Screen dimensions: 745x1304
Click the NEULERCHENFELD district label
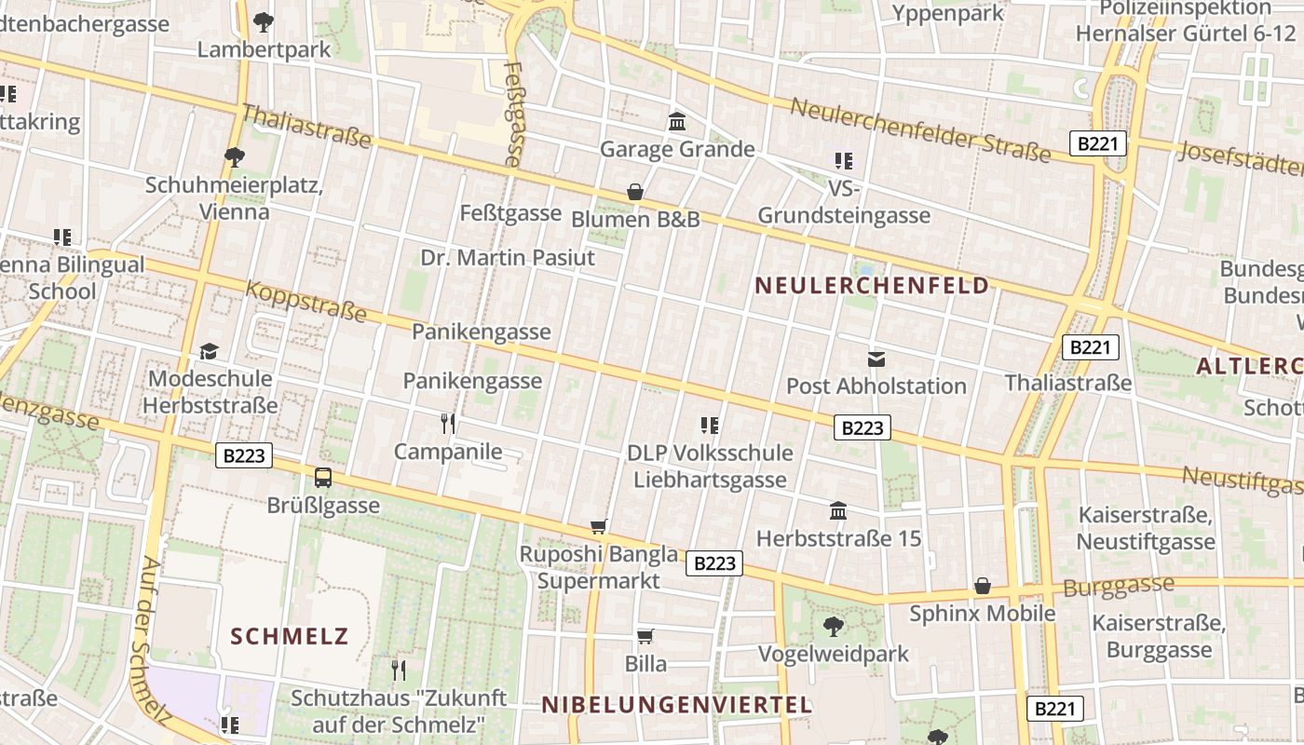[x=871, y=286]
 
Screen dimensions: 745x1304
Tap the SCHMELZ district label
[x=289, y=637]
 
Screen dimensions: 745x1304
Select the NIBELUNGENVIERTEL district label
[x=677, y=705]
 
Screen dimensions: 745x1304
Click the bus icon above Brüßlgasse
[x=323, y=478]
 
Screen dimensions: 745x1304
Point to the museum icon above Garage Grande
[x=677, y=122]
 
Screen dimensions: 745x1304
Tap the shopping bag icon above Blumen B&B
[x=635, y=193]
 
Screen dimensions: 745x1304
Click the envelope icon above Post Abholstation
[x=876, y=359]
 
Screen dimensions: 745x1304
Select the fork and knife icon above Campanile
[x=448, y=425]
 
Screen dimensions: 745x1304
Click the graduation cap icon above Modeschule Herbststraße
[x=210, y=352]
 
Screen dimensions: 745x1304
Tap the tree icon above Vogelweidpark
[x=834, y=627]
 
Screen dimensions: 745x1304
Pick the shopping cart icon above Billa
[x=645, y=637]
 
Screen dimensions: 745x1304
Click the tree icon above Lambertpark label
[x=264, y=21]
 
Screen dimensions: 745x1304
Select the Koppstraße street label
[x=306, y=302]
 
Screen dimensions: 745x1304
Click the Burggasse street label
[x=1118, y=587]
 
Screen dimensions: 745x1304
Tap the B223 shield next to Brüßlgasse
[x=245, y=455]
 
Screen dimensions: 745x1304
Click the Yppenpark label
[x=948, y=13]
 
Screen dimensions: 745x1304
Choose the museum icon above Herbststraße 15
[x=838, y=511]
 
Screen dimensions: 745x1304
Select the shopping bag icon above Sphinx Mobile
[x=982, y=586]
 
